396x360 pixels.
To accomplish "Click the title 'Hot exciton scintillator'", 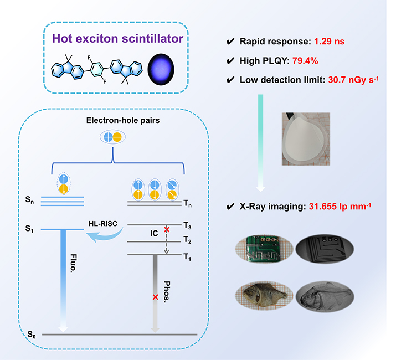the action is pos(117,39).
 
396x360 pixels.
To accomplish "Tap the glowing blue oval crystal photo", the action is pos(161,69).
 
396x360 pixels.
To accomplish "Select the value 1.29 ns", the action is pos(330,42).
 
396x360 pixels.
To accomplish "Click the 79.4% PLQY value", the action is pos(305,61).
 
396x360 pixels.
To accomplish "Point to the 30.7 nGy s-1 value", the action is pos(353,80).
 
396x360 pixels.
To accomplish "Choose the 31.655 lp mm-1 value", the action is pos(340,207).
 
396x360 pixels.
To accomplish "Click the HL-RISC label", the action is pos(103,224).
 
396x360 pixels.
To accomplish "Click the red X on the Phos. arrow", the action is pos(155,297).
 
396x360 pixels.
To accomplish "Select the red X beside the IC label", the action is pos(167,230).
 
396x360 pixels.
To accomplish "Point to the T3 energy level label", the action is pos(187,225).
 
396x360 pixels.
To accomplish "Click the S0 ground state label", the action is pos(32,335).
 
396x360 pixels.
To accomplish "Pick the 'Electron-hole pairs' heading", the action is pos(123,120).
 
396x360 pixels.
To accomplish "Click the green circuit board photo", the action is pos(264,249).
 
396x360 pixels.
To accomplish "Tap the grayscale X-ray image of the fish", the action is pos(325,296).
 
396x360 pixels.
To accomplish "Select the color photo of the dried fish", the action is pos(264,296).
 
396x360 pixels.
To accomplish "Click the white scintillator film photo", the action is pos(306,139).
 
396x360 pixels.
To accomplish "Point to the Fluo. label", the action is pos(73,263).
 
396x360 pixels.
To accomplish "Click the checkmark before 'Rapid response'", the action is pos(230,42).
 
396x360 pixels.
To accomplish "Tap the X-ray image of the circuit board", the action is pos(325,249).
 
